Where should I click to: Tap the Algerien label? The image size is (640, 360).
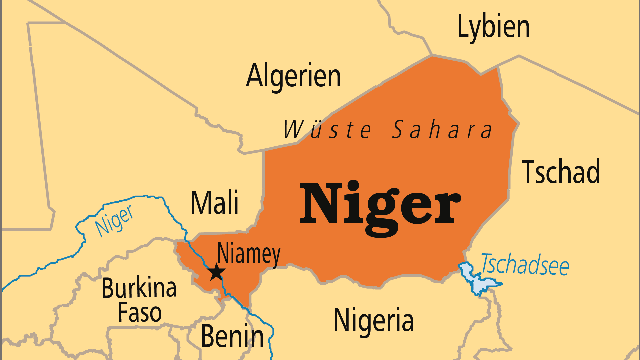[293, 76]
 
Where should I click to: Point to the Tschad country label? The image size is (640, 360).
[561, 172]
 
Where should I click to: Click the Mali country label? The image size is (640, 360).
[215, 202]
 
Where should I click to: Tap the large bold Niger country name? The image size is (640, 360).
[380, 204]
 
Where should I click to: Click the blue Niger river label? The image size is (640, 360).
[114, 221]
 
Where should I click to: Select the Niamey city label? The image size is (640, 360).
[249, 254]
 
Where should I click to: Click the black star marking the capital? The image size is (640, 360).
[216, 272]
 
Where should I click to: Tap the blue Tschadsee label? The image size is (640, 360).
[525, 265]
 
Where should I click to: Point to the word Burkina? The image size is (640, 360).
[139, 288]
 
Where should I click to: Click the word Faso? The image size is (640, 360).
[140, 313]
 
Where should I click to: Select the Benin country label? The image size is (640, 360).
[232, 336]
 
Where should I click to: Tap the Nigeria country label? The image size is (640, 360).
[374, 320]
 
